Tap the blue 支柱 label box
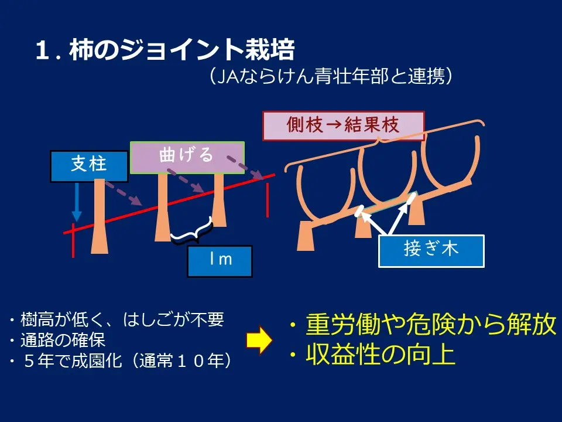tap(89, 166)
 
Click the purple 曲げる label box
tap(187, 158)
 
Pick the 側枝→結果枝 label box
tap(344, 125)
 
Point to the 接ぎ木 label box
tap(431, 251)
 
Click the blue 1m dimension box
tap(220, 261)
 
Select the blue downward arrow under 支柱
tap(77, 202)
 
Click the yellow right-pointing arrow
tap(259, 340)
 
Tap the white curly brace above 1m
tap(191, 233)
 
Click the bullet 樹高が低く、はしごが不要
tap(117, 319)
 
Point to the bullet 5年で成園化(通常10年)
tap(121, 360)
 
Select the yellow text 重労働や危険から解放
tap(423, 324)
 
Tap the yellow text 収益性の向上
tap(373, 355)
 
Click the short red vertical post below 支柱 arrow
tap(73, 240)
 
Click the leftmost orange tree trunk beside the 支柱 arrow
tap(100, 216)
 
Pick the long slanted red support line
tap(169, 204)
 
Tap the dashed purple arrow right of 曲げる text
tap(245, 167)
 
